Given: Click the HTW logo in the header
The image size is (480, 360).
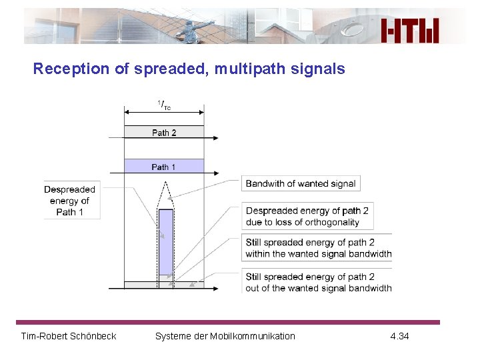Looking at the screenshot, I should (x=410, y=30).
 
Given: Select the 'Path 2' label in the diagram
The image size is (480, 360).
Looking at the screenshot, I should (x=164, y=133).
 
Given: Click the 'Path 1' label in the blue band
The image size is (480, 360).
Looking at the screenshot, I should (x=164, y=167).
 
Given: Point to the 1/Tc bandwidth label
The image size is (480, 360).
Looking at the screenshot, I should (x=164, y=105).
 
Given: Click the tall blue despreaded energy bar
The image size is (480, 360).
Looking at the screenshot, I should (x=166, y=241).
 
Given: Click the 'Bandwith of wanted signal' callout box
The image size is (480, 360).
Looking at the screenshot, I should (x=301, y=183).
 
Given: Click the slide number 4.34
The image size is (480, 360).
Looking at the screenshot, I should (x=399, y=336).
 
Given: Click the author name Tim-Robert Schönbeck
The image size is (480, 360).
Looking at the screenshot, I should (x=69, y=336).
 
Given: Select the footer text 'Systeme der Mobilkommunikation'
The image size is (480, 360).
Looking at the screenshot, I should (x=225, y=336).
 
